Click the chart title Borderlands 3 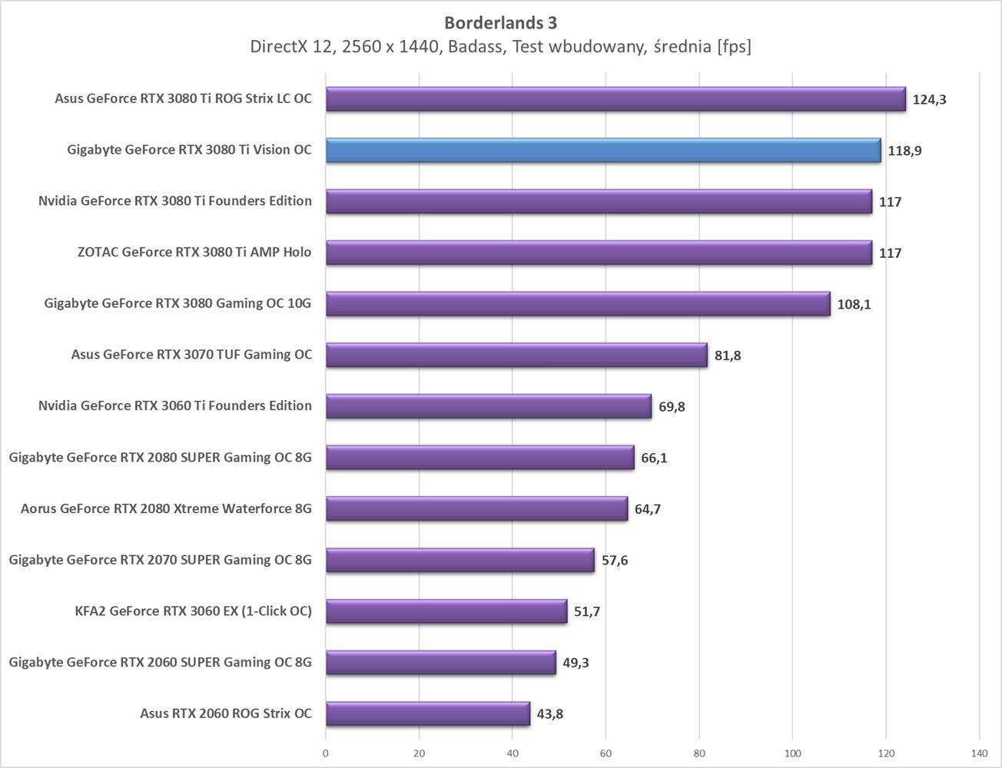point(500,23)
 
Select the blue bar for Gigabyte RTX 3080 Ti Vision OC point(603,151)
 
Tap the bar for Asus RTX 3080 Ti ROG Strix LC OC point(615,99)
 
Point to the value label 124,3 point(929,100)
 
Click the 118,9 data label point(904,151)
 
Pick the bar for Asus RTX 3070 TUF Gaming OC point(516,355)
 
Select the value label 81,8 point(728,356)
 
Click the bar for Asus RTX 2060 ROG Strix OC point(427,713)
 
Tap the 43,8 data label point(549,714)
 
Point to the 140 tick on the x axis point(979,753)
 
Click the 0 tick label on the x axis point(326,753)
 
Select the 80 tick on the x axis point(699,753)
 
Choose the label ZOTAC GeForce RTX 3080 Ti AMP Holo point(194,252)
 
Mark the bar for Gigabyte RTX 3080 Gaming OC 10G point(578,304)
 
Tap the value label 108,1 point(854,305)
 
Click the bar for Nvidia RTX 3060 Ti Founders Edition point(488,406)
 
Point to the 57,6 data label point(614,561)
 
